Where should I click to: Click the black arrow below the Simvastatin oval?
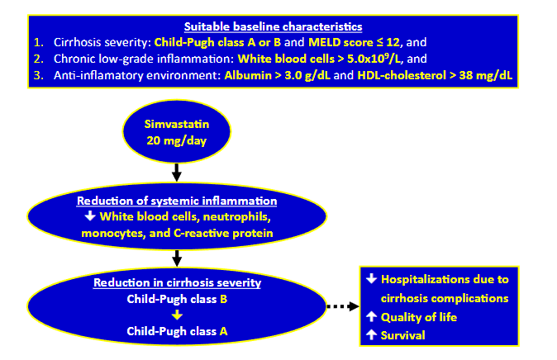tap(176, 173)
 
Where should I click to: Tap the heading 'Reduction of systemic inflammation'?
tap(177, 201)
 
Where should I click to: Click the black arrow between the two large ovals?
tap(176, 263)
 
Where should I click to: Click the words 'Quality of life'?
tap(421, 317)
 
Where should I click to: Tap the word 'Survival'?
tap(404, 335)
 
